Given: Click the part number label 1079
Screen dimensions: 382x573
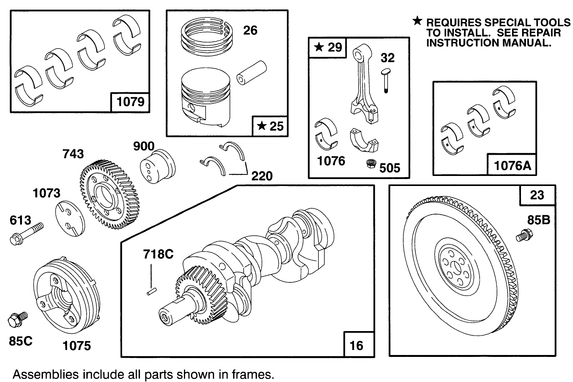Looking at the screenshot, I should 130,102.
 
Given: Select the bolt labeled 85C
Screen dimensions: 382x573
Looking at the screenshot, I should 17,319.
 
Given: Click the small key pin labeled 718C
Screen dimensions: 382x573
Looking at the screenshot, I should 151,292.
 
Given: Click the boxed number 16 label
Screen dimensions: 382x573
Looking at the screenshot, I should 357,345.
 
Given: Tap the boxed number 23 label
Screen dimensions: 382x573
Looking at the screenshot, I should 537,195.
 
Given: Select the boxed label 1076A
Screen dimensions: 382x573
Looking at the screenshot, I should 512,166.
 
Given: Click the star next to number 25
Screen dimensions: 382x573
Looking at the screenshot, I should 262,126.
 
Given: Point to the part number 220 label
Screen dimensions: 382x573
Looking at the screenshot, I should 262,176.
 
